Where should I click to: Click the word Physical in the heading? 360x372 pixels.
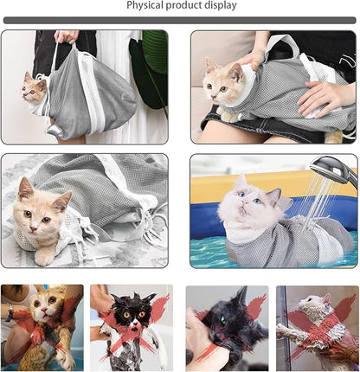tap(147, 6)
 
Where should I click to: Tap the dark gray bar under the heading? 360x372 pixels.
tap(179, 20)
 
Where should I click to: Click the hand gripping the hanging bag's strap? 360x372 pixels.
tap(67, 36)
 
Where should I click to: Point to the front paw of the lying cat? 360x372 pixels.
tap(42, 256)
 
